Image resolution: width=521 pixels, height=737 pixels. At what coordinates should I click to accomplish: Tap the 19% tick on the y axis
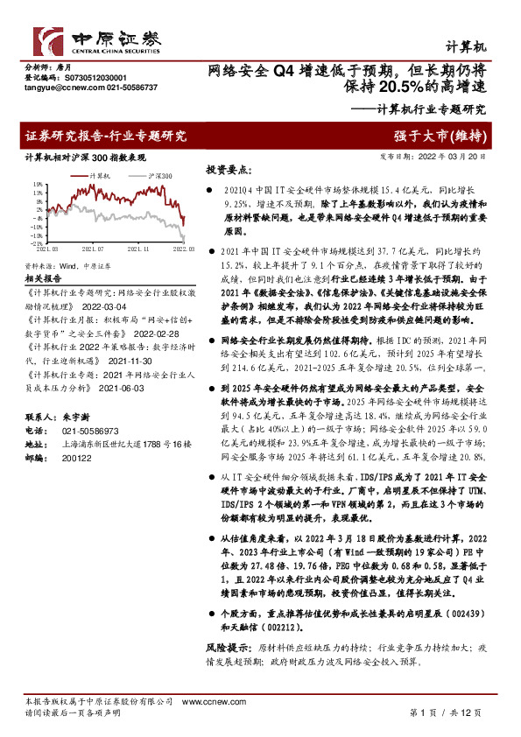click(x=38, y=185)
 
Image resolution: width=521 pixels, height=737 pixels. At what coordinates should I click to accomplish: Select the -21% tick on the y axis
click(x=37, y=243)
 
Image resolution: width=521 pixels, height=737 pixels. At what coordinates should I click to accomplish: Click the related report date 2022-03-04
click(x=106, y=307)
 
